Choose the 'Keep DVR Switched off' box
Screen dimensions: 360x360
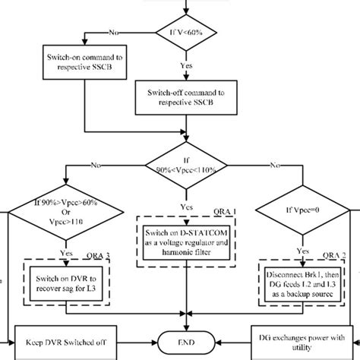[65, 344]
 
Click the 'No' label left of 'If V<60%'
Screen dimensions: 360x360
[113, 33]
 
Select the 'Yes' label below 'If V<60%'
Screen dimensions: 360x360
[184, 65]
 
